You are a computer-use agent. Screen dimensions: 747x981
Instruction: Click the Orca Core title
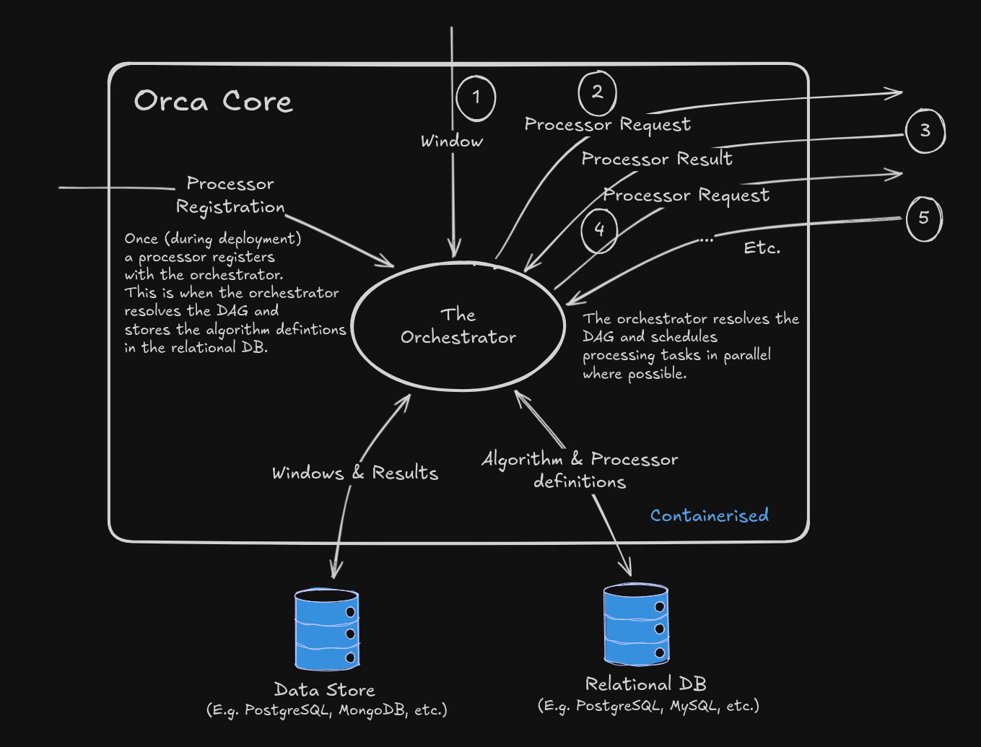click(213, 101)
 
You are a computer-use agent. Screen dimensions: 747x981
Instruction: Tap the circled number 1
click(476, 97)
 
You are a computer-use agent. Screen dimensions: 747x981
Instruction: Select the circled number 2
click(597, 92)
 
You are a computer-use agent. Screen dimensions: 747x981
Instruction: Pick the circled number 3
click(925, 131)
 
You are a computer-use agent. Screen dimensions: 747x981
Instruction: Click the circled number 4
click(599, 230)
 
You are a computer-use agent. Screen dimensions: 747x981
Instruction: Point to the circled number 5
click(923, 218)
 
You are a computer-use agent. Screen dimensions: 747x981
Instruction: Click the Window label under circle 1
click(452, 141)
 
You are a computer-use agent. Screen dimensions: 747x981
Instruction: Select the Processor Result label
click(656, 159)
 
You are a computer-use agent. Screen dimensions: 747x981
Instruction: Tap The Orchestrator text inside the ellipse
click(458, 326)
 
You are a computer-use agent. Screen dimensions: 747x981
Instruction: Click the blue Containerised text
click(709, 515)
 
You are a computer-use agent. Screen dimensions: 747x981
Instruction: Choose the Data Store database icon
click(327, 629)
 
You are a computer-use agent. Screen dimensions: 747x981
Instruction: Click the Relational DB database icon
click(636, 624)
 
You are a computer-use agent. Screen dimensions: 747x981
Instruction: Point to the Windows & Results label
click(354, 473)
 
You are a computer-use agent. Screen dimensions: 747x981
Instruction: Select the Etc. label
click(762, 248)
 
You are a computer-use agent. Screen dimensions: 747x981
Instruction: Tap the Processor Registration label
click(230, 196)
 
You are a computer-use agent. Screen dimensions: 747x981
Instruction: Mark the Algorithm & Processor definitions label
click(580, 470)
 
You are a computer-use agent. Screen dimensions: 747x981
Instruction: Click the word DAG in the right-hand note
click(598, 337)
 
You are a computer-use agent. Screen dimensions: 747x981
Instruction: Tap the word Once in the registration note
click(141, 239)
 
